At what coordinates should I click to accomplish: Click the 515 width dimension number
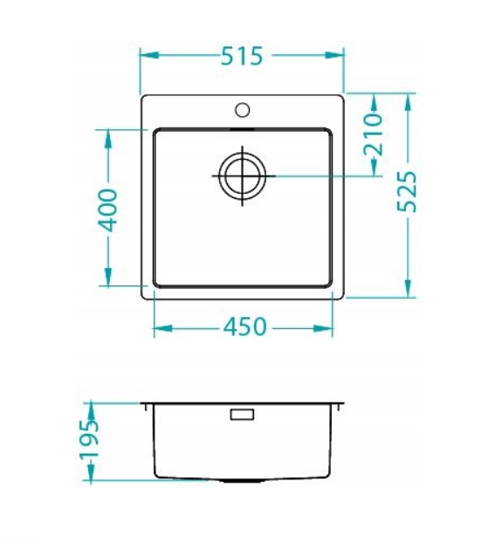click(242, 56)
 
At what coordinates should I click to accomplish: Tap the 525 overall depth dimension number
click(407, 191)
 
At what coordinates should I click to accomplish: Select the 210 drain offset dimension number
click(374, 134)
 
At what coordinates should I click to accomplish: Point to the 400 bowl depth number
click(108, 210)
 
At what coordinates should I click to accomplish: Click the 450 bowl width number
click(245, 326)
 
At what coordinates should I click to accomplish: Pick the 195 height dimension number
click(90, 440)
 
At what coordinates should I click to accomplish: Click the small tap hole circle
click(242, 110)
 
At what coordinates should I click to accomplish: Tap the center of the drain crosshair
click(242, 176)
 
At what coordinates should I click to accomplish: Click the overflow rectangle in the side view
click(242, 415)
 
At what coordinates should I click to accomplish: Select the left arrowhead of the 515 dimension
click(149, 55)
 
